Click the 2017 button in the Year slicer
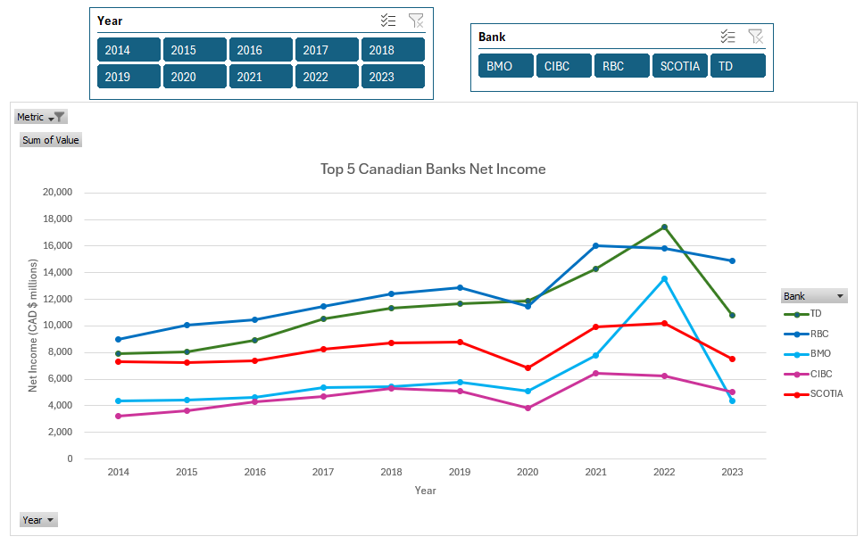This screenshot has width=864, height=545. click(327, 50)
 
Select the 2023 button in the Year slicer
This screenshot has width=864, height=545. click(393, 77)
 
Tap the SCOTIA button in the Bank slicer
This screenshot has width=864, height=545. click(679, 66)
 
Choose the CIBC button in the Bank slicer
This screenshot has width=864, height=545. click(563, 66)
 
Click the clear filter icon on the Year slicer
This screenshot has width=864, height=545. click(416, 21)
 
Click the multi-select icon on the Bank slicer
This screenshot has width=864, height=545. click(728, 37)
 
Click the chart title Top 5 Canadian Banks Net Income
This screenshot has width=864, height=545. click(433, 169)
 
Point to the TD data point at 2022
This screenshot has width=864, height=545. click(664, 227)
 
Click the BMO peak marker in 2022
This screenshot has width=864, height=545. click(664, 279)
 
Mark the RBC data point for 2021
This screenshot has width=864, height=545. click(595, 245)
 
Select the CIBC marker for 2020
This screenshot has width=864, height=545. click(528, 408)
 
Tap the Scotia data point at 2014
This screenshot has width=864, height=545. click(118, 361)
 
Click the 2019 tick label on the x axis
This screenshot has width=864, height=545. click(460, 472)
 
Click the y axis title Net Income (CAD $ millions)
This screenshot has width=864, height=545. click(33, 326)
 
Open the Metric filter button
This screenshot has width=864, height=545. click(41, 117)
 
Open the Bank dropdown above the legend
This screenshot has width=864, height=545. click(839, 296)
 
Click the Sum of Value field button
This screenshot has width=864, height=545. click(51, 140)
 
